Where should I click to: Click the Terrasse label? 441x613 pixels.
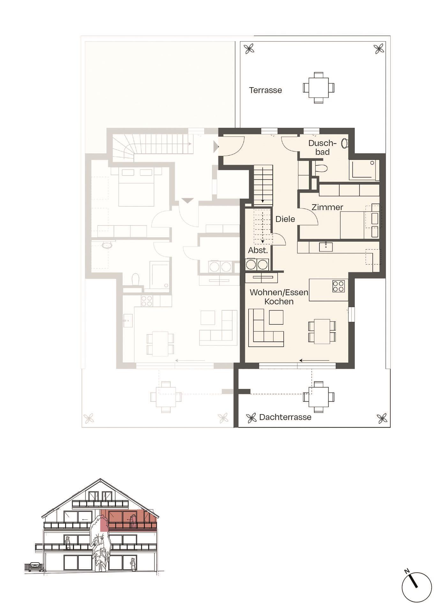pos(265,90)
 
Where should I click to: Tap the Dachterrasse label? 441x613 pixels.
pos(285,417)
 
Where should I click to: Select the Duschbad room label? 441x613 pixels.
pos(322,148)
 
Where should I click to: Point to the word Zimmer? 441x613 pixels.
pos(327,207)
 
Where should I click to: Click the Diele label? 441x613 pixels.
pos(285,219)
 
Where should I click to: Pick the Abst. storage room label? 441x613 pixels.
pos(258,250)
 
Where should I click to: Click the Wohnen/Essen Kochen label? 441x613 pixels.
pos(279,297)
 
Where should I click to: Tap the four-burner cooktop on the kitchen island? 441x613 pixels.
pos(338,286)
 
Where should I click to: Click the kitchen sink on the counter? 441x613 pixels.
pos(325,247)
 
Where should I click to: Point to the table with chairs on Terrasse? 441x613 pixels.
pos(318,87)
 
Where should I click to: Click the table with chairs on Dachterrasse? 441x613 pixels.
pos(318,397)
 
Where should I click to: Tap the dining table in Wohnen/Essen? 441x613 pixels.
pos(322,331)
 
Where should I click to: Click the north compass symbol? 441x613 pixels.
pos(416,587)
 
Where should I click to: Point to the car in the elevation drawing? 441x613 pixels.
pos(35,567)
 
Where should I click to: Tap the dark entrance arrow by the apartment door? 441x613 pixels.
pos(216,147)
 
